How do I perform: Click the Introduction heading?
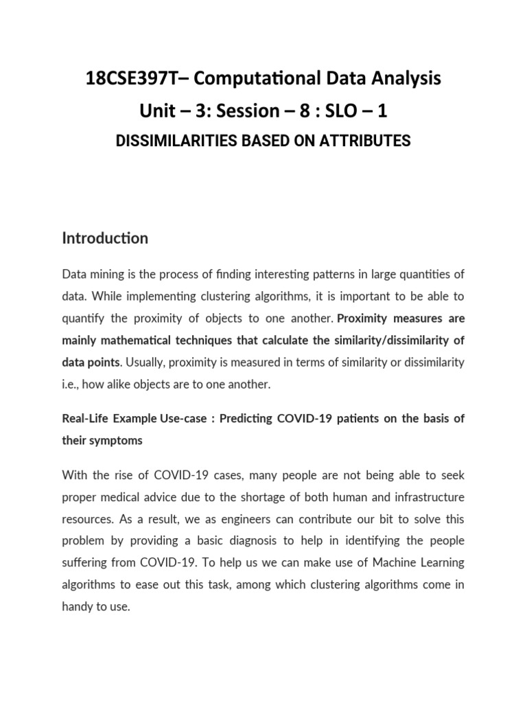coord(105,238)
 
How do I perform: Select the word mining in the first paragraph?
coord(104,275)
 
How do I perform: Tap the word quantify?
coord(82,319)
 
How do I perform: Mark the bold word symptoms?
coord(113,441)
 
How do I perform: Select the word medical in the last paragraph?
coord(124,497)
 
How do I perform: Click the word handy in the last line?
coord(78,607)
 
